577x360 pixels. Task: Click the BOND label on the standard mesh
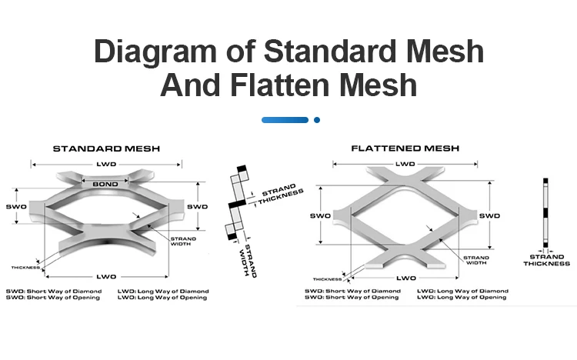[x=105, y=185]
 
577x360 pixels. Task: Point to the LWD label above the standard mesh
[x=106, y=164]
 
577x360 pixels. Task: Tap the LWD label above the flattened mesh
[x=405, y=164]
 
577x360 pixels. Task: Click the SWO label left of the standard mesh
[x=18, y=207]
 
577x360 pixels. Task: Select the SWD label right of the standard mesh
[x=198, y=206]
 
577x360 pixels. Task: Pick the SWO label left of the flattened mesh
[x=321, y=216]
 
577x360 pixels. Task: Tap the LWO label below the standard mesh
[x=107, y=275]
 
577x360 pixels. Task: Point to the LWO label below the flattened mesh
[x=405, y=277]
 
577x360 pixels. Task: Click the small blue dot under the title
[x=316, y=120]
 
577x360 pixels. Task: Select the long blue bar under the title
[x=285, y=120]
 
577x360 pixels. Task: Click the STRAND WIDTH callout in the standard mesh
[x=183, y=241]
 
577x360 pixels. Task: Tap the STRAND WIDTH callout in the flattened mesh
[x=476, y=259]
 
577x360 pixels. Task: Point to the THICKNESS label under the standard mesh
[x=25, y=267]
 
